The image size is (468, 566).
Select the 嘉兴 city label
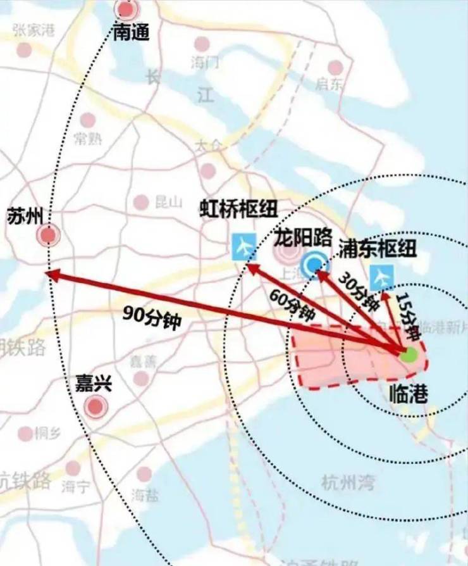coord(94,383)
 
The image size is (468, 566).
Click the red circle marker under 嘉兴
coord(95,406)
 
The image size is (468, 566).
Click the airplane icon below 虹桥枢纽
coord(243,246)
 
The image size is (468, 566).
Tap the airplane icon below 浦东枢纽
coord(381,276)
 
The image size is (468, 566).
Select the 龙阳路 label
coord(304,238)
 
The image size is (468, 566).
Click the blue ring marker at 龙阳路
coord(314,266)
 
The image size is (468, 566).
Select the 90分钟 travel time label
coord(152,315)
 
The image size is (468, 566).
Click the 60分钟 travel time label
coord(292,305)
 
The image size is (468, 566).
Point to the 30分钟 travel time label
coord(359,291)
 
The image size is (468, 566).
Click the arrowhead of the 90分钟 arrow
coord(51,274)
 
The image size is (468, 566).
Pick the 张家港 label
coord(34,31)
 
